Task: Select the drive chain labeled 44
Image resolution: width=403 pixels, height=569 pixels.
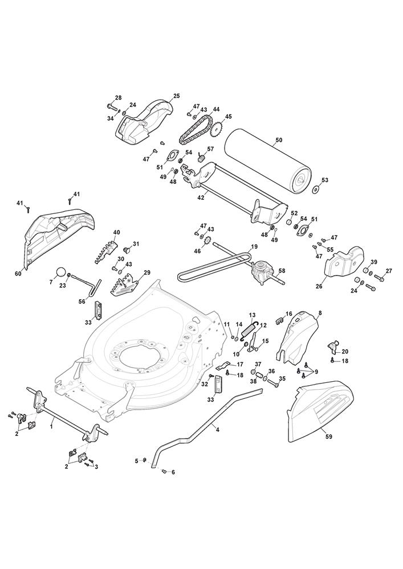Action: point(195,130)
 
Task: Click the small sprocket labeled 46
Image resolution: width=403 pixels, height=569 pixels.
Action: point(209,241)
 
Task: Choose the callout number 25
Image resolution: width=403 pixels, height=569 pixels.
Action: point(177,96)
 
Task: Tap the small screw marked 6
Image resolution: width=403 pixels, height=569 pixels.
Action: point(163,471)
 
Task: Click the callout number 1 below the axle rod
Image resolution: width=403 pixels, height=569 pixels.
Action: point(51,427)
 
